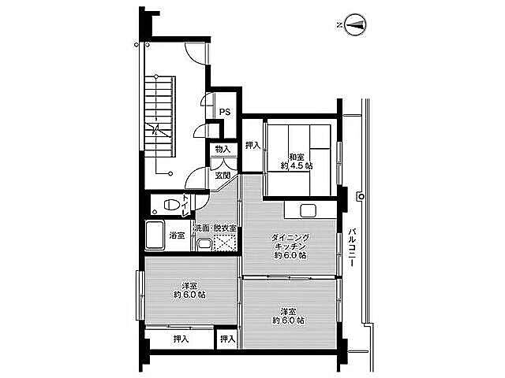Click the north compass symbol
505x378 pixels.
point(355,24)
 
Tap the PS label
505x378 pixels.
point(225,112)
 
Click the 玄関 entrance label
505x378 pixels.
point(223,175)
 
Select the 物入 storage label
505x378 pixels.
point(223,149)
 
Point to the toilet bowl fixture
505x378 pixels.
point(171,205)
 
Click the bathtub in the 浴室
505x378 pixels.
point(155,235)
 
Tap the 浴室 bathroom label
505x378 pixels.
point(177,235)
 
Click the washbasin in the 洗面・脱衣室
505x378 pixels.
point(204,244)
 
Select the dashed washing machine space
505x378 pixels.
point(224,243)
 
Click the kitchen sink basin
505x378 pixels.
point(307,211)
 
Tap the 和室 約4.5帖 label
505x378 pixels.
point(297,161)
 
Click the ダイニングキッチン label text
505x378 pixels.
point(290,242)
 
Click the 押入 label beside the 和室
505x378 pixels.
point(252,145)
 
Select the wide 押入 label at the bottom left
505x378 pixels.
point(181,339)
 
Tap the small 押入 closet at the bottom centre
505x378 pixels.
point(228,339)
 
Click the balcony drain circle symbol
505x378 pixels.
point(361,196)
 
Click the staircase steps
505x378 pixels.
point(159,117)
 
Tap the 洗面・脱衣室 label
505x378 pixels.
point(215,228)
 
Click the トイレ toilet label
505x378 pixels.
point(185,205)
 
